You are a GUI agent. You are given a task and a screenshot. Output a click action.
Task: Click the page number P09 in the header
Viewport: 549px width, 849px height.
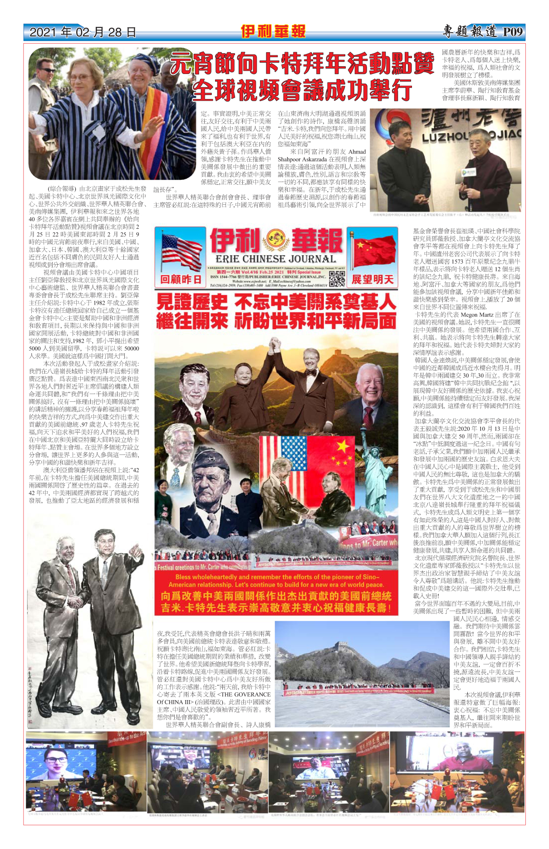tap(513, 32)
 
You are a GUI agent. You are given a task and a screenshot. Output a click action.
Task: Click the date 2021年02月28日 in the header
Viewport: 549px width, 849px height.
tap(83, 32)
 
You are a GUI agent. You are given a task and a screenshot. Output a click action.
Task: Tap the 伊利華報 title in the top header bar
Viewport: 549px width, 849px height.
tap(273, 31)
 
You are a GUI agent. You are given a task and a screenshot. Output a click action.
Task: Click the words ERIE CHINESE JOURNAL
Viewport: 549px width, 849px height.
tap(275, 259)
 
